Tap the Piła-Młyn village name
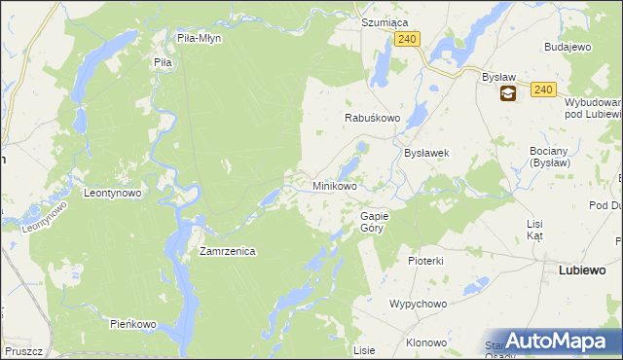[200, 39]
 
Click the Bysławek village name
[425, 154]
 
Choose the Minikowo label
[334, 185]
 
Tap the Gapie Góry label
[374, 222]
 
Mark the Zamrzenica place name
[227, 251]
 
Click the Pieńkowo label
[133, 323]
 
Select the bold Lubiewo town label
[582, 270]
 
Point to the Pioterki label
[425, 261]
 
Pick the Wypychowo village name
[418, 304]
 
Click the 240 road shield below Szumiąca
[408, 39]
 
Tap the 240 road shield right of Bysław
[543, 90]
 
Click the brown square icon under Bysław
[508, 94]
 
